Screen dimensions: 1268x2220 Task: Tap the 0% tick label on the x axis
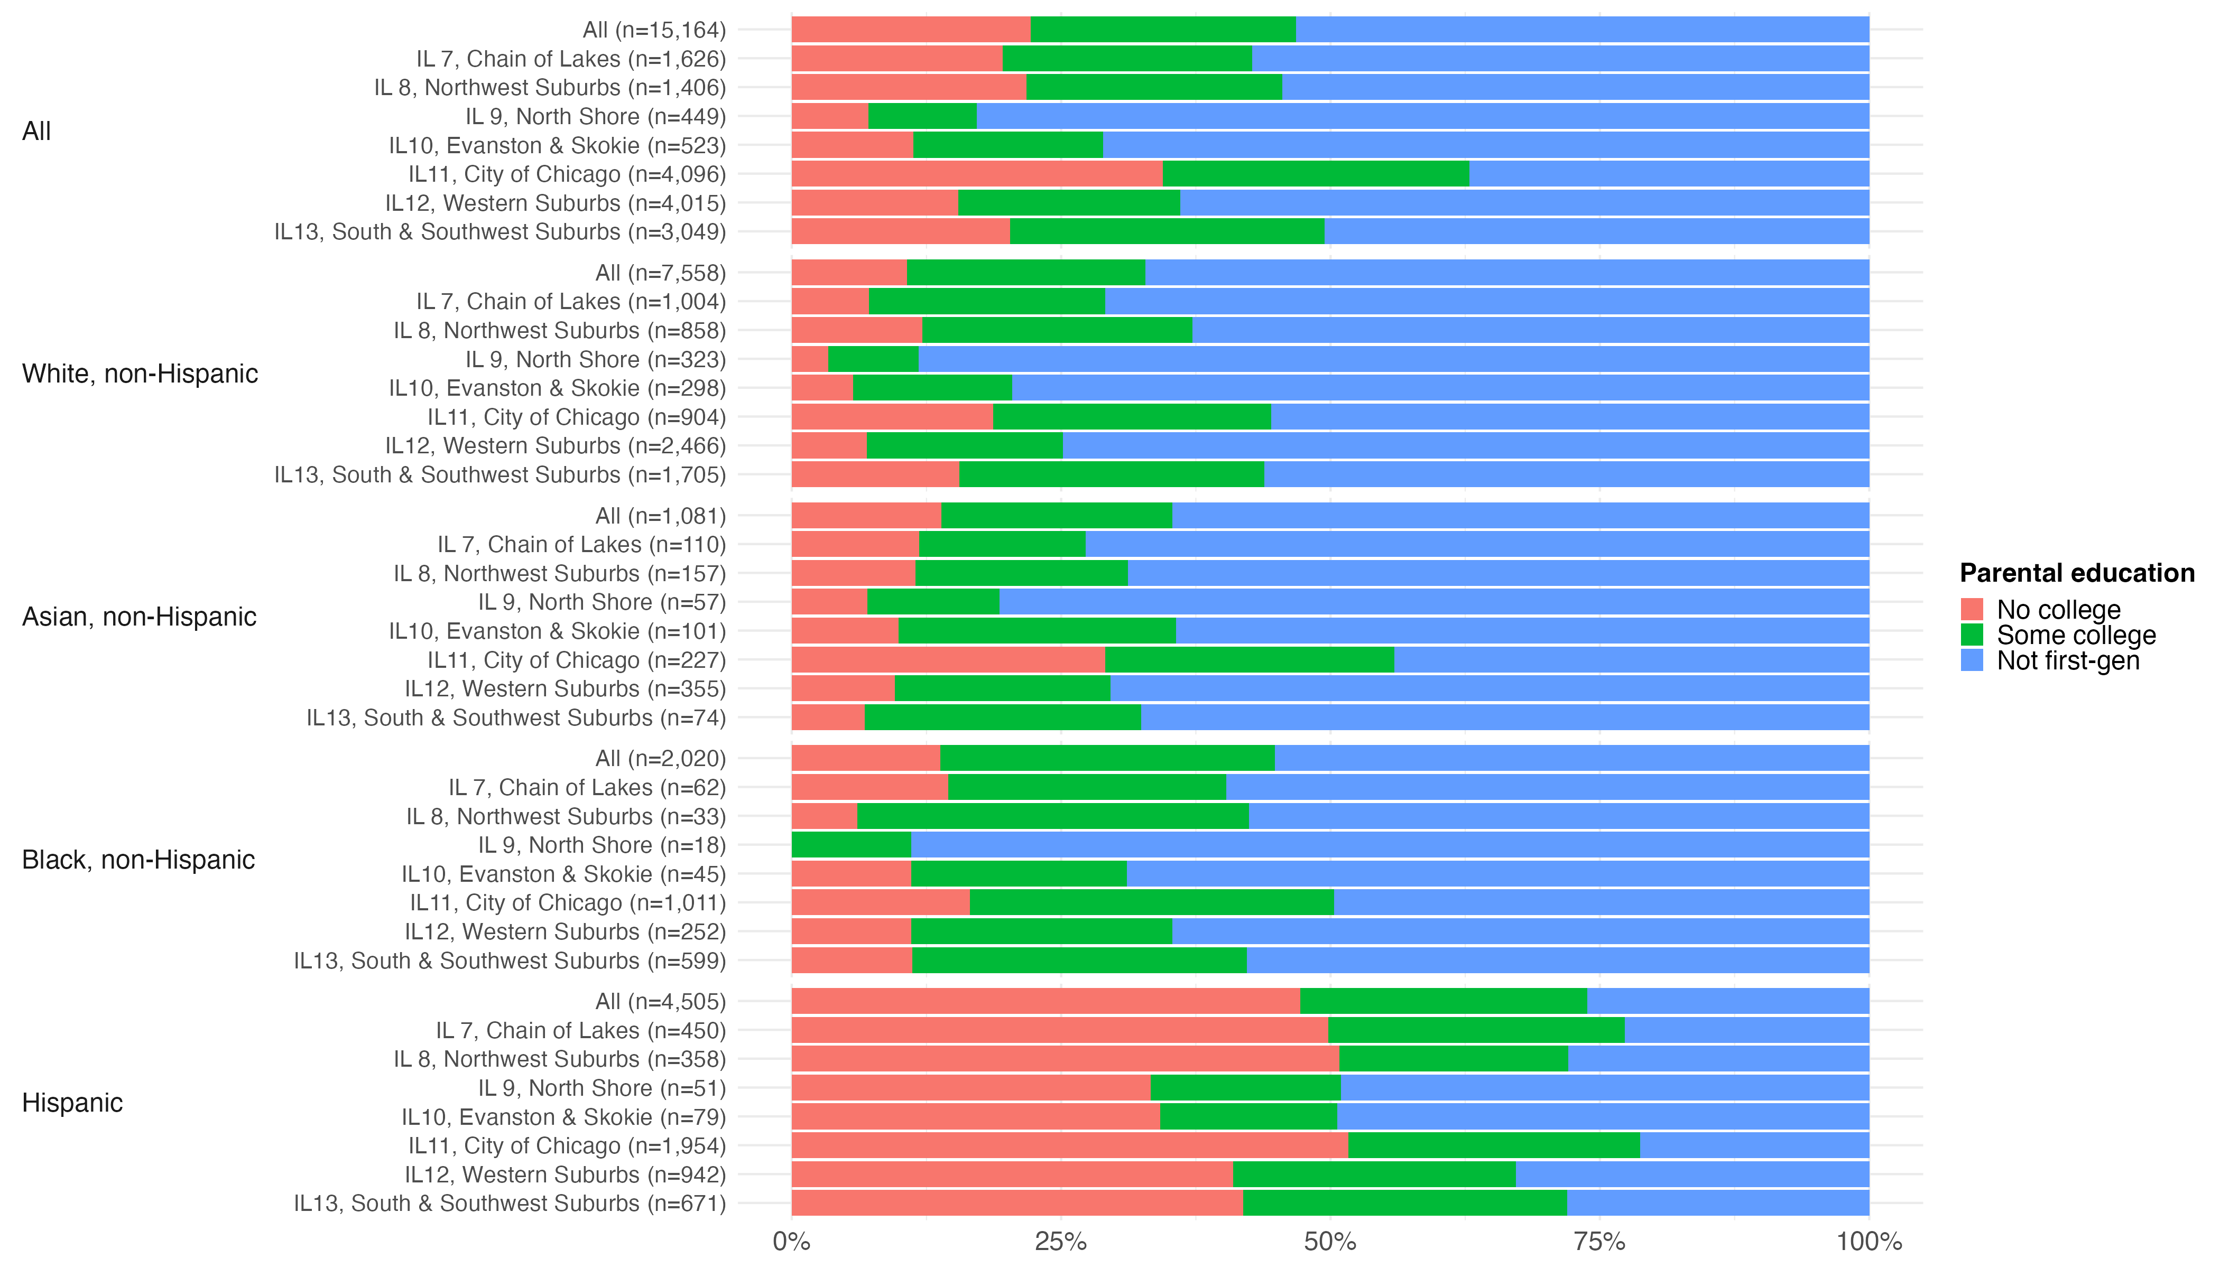coord(791,1242)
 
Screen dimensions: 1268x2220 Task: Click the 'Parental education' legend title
coord(2077,573)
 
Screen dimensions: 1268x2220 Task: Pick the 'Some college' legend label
coord(2076,635)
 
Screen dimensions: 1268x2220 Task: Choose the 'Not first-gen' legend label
coord(2068,661)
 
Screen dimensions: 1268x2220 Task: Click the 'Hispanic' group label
coord(72,1103)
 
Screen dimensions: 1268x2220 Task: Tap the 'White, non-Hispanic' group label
coord(140,374)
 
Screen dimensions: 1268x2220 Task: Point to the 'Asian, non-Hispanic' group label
coord(138,617)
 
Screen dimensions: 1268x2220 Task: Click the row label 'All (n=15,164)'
coord(653,30)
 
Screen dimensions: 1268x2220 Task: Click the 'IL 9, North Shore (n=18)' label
coord(601,845)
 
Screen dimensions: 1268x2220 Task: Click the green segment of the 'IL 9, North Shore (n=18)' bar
coord(851,845)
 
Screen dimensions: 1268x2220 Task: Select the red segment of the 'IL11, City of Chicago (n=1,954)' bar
coord(1069,1146)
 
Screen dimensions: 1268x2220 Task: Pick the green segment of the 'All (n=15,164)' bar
coord(1163,30)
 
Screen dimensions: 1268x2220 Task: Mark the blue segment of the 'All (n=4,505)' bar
coord(1728,1002)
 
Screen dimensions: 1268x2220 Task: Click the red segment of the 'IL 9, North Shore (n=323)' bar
coord(809,359)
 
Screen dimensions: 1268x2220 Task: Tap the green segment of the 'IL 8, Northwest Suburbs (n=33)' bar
coord(1052,816)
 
